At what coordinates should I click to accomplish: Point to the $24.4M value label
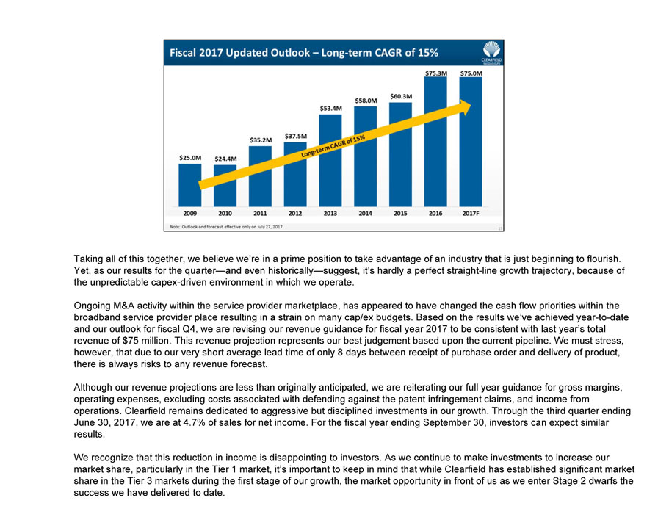225,158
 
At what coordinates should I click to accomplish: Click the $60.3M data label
400,96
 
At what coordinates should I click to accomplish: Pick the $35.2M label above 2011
261,140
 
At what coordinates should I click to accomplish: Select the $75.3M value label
435,73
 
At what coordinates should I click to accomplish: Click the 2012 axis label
295,213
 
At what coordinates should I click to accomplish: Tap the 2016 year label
435,213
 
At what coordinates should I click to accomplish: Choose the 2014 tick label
365,213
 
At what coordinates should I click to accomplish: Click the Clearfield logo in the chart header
491,52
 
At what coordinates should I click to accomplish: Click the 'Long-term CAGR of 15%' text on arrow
333,145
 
